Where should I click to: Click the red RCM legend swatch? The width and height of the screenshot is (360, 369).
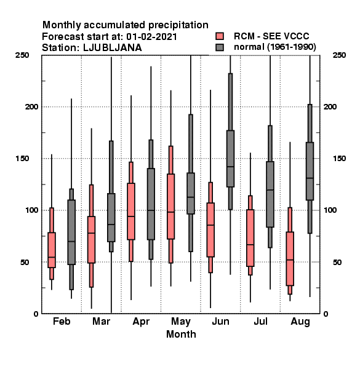[220, 36]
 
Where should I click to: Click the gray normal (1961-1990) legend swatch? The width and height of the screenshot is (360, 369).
[220, 47]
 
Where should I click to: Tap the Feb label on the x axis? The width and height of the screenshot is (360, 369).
[62, 321]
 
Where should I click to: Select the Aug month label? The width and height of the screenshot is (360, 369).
[300, 322]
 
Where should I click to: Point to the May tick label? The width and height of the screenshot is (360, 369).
[181, 322]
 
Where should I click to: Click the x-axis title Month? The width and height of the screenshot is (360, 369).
[181, 334]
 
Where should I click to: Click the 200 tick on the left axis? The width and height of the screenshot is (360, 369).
[31, 106]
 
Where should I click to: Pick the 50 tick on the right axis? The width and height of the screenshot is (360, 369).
[337, 262]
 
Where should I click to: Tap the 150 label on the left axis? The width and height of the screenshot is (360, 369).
[22, 159]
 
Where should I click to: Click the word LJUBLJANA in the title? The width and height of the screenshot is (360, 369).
[113, 48]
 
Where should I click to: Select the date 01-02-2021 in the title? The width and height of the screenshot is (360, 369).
[151, 37]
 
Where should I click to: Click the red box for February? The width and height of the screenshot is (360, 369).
[52, 250]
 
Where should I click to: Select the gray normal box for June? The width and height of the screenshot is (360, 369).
[230, 159]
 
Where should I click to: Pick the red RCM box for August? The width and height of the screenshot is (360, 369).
[290, 259]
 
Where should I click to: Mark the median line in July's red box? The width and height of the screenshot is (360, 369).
[250, 245]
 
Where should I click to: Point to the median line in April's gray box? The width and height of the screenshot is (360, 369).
[151, 210]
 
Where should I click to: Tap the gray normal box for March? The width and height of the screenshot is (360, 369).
[111, 218]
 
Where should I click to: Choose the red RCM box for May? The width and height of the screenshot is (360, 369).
[170, 207]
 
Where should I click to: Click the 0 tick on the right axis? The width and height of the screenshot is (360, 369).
[326, 314]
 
